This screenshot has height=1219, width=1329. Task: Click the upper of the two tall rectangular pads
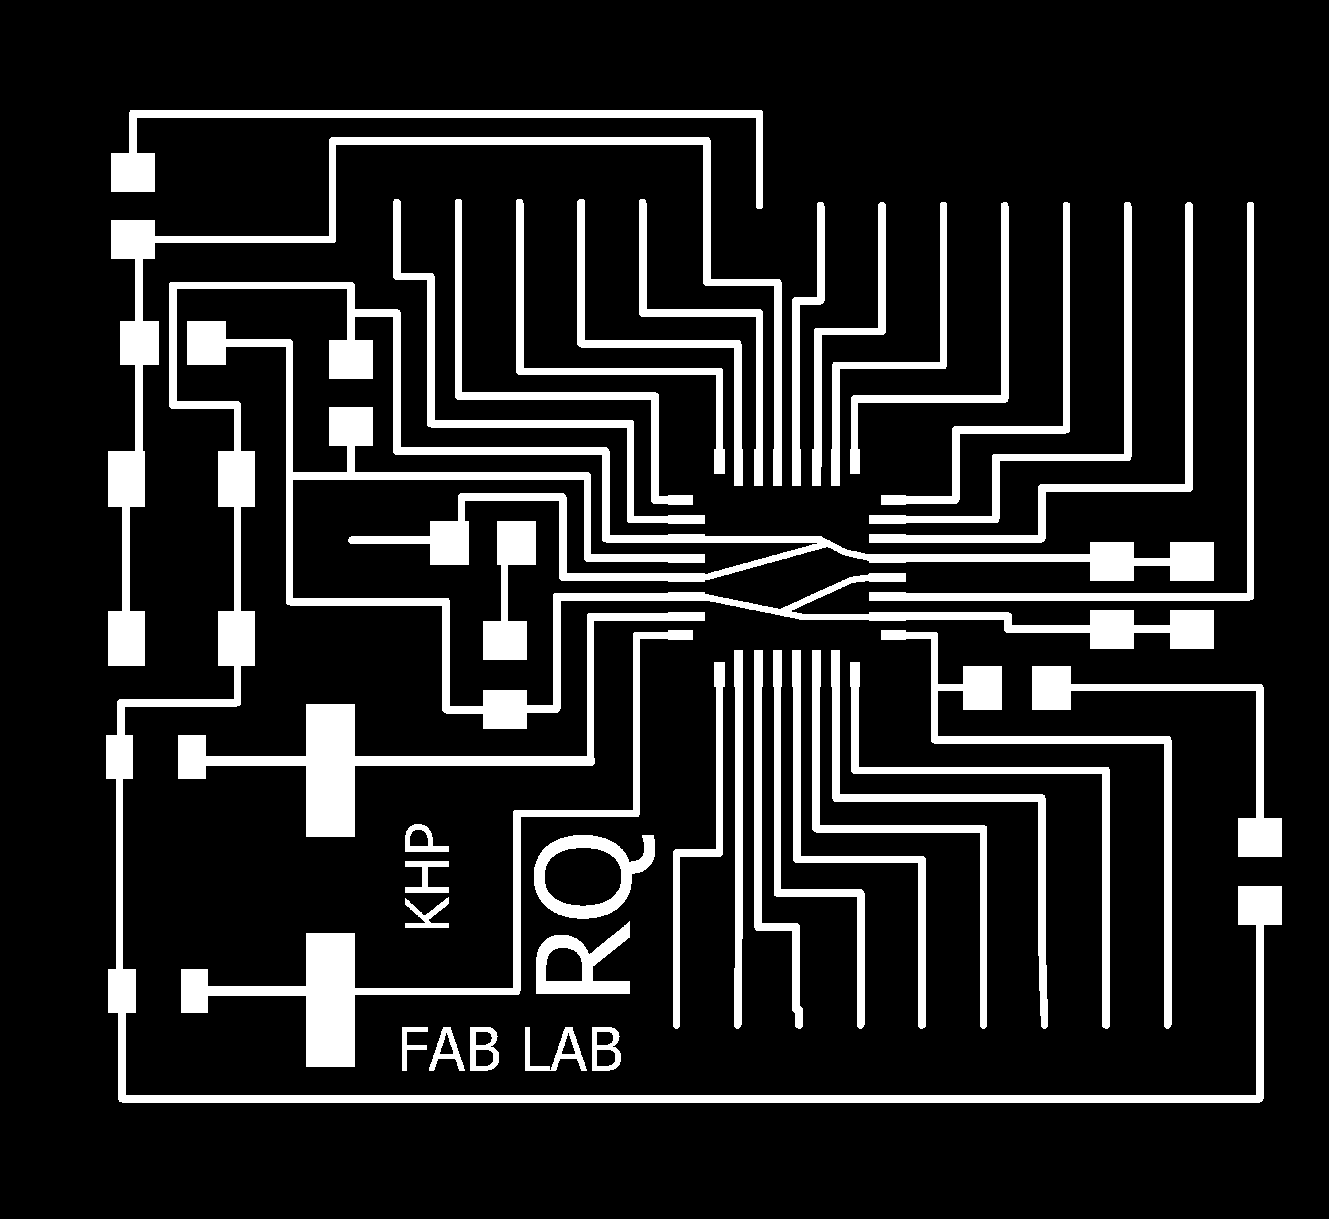330,770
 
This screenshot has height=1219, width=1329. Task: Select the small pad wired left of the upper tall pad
191,757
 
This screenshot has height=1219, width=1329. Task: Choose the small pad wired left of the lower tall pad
194,991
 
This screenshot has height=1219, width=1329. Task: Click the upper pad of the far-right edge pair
1259,838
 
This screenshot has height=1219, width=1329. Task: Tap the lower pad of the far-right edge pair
1259,905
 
